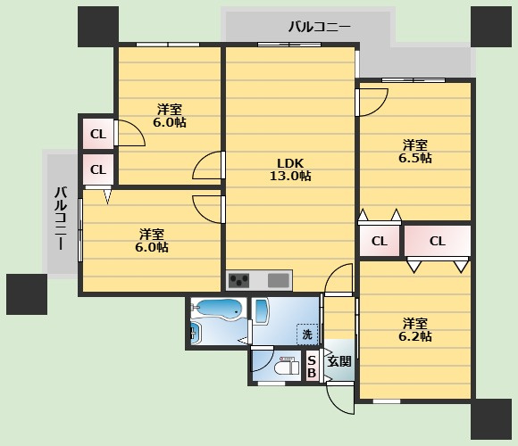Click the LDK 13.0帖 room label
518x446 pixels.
point(290,169)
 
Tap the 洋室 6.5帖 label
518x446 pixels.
point(415,152)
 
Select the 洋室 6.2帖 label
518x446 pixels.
point(415,329)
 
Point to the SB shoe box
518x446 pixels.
point(312,367)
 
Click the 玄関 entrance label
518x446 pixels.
point(339,361)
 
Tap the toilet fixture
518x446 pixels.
point(287,366)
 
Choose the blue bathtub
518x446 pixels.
point(218,309)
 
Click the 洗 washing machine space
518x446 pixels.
point(307,334)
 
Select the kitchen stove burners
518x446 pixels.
point(239,281)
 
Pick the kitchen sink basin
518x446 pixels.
point(279,281)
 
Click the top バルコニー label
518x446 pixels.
point(319,27)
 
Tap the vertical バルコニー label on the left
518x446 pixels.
point(61,218)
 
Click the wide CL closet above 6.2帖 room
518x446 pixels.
point(438,241)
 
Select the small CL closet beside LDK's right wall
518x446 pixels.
point(380,241)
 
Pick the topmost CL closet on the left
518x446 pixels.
point(98,134)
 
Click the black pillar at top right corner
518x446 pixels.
point(490,27)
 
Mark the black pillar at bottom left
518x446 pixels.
point(27,294)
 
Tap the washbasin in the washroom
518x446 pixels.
point(261,311)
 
